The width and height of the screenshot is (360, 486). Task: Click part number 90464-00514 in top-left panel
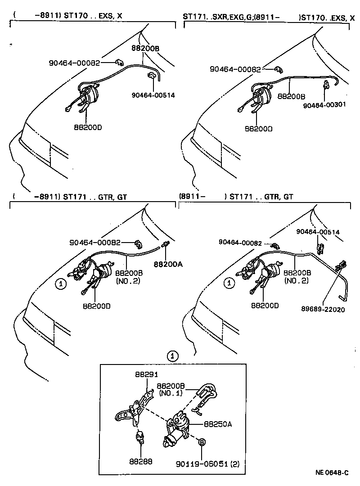[x=153, y=95]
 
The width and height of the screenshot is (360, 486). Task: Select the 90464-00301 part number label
[x=324, y=105]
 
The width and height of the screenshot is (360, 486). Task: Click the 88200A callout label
[x=168, y=264]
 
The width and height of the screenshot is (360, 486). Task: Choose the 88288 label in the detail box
[x=141, y=461]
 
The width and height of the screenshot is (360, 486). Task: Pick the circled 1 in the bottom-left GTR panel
[x=60, y=283]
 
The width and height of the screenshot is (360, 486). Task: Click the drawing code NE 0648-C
[x=332, y=473]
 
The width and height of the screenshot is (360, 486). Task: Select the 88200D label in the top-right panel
[x=258, y=129]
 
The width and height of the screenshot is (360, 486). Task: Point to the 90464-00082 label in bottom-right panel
[x=240, y=242]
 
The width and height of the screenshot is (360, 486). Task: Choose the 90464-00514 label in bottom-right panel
[x=318, y=232]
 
